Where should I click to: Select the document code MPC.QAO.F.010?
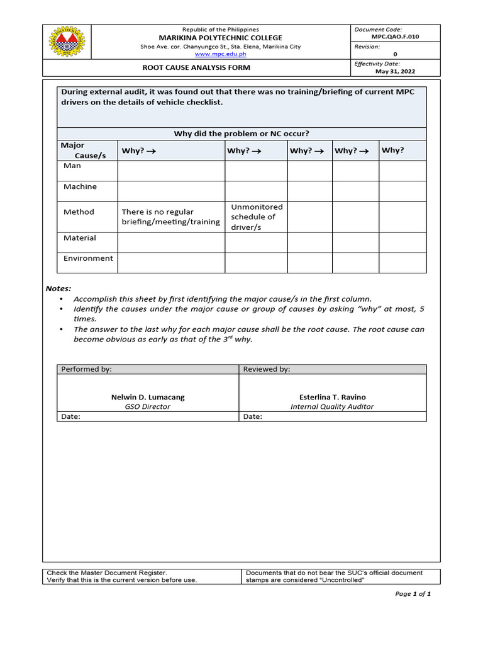(x=395, y=37)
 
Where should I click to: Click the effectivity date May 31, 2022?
(x=395, y=72)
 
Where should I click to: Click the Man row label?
(x=72, y=166)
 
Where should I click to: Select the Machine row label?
(x=80, y=186)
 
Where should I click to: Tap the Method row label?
(x=79, y=212)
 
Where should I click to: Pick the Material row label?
(x=80, y=238)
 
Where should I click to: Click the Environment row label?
(x=88, y=258)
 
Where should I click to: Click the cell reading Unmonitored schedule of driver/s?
(x=257, y=217)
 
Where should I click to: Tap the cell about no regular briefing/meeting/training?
(x=170, y=217)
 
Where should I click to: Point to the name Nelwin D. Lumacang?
(x=148, y=397)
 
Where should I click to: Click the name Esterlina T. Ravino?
(x=332, y=397)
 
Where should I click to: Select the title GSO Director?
(x=148, y=407)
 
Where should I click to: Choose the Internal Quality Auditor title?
(x=332, y=407)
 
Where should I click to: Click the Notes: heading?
(x=58, y=288)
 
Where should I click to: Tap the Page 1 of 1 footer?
(x=413, y=594)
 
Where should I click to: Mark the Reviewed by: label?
(x=267, y=370)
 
